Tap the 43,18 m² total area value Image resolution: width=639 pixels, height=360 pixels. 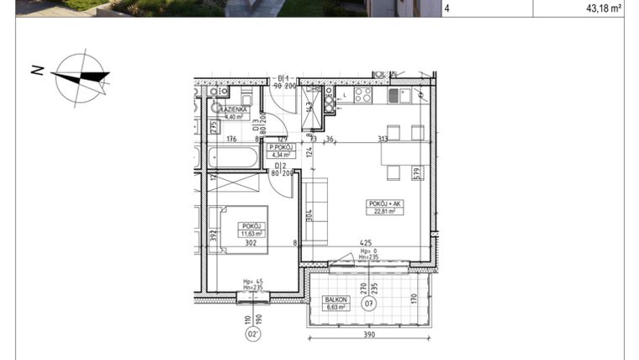point(603,8)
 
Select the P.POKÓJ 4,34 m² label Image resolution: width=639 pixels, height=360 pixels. point(280,151)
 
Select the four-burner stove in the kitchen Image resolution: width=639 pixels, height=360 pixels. point(364,95)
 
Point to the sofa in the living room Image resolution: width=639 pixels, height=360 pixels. point(312,209)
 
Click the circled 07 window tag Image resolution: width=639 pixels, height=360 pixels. point(371,305)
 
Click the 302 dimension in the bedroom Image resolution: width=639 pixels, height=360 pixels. point(250,244)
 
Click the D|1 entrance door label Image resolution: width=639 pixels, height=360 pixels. point(284,77)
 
